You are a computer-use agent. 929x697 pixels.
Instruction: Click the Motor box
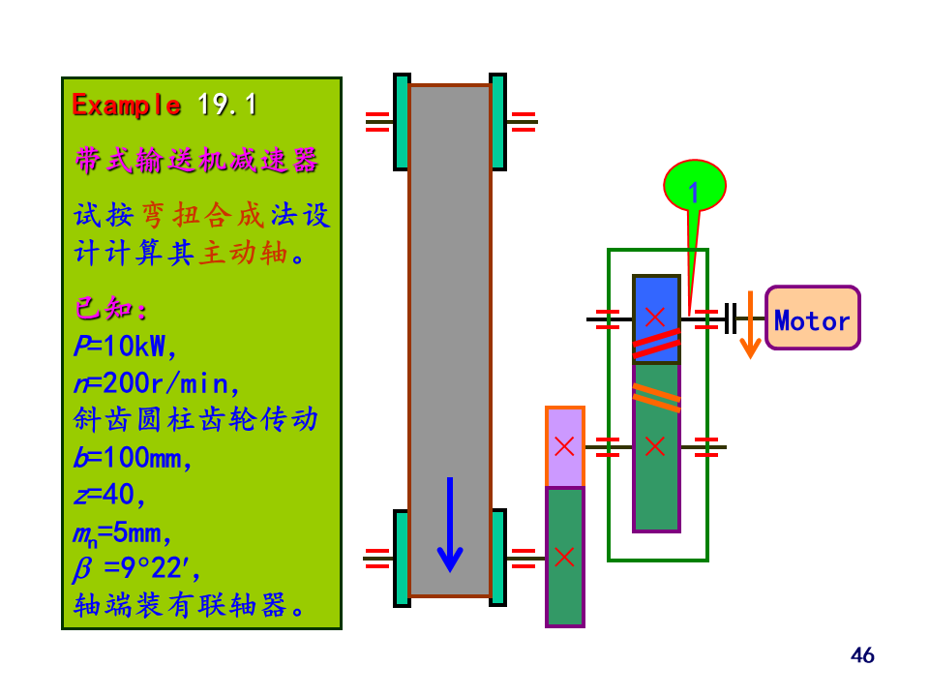[x=812, y=318]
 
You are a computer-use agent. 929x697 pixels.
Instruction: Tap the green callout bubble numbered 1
[x=694, y=186]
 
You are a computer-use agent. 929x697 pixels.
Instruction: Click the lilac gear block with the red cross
[x=565, y=446]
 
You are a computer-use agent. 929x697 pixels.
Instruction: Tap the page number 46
[x=862, y=655]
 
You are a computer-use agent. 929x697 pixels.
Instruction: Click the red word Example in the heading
[x=127, y=105]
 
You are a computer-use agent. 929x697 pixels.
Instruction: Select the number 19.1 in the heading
[x=227, y=105]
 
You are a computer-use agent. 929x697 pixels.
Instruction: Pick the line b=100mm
[x=134, y=458]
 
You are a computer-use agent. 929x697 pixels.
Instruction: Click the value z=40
[x=109, y=495]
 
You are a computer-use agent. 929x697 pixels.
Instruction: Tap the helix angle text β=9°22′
[x=136, y=570]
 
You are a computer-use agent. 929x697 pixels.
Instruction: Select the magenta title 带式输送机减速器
[x=196, y=160]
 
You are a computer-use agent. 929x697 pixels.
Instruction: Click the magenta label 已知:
[x=111, y=310]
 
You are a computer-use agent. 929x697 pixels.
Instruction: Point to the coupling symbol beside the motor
[x=731, y=318]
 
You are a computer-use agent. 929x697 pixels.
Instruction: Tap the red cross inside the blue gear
[x=655, y=317]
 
